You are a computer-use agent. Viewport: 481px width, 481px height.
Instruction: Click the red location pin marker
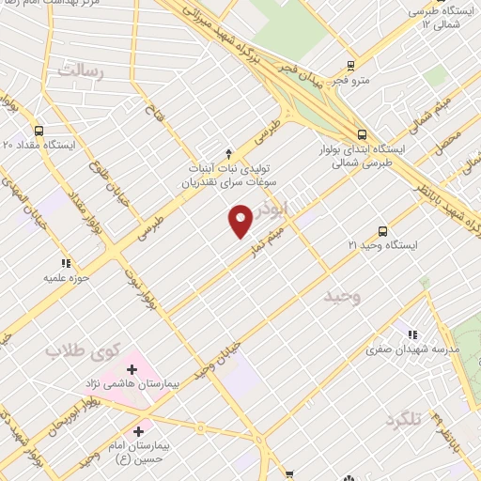point(241,220)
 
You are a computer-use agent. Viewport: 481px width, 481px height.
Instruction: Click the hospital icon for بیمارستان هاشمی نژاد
point(132,370)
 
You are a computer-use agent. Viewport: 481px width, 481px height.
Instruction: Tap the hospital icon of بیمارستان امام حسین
point(138,431)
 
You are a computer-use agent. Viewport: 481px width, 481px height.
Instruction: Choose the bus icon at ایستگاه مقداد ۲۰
point(39,132)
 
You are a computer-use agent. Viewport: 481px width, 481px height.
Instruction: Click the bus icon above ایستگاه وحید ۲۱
point(381,230)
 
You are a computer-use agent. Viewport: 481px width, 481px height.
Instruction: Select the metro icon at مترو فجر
point(350,66)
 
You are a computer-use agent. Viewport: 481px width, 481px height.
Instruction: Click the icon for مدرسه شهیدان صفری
point(411,334)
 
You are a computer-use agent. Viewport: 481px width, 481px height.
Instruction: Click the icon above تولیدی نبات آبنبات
point(228,153)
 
